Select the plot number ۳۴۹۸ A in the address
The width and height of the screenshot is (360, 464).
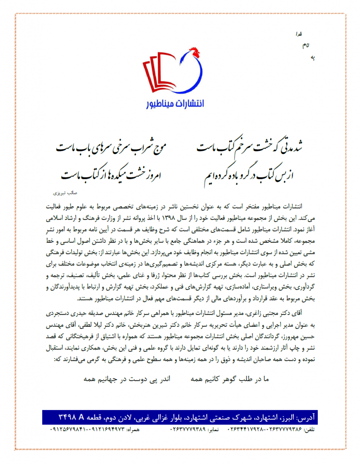(72, 416)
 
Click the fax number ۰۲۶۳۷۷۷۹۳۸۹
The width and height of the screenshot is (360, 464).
(188, 428)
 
